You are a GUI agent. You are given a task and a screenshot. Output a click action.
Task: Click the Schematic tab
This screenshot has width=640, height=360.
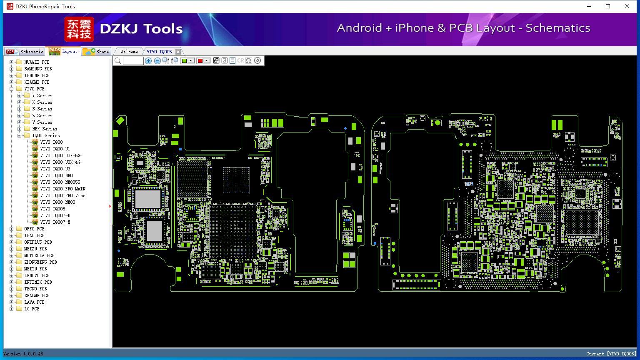click(25, 52)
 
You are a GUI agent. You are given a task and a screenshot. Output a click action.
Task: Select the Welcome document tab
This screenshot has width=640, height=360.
click(129, 52)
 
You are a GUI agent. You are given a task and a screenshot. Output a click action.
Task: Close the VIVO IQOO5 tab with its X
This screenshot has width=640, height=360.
click(178, 52)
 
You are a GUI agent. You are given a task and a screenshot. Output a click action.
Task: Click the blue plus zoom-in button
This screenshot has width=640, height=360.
click(148, 61)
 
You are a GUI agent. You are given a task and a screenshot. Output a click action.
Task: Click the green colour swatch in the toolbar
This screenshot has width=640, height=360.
click(184, 61)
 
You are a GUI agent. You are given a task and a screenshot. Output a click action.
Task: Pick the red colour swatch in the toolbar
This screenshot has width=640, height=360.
click(200, 61)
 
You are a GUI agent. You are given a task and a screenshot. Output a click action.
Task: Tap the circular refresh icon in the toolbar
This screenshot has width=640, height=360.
click(257, 60)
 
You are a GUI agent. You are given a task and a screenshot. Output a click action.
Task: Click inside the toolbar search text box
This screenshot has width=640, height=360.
click(133, 61)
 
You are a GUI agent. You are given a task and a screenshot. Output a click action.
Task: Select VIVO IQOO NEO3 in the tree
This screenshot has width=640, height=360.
click(58, 202)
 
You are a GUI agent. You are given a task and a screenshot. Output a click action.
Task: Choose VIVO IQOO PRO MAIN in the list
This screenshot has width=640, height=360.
click(63, 189)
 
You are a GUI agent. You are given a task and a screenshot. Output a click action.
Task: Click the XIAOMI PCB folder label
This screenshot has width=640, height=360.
click(37, 82)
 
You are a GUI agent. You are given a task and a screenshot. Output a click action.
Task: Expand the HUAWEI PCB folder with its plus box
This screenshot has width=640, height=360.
click(11, 62)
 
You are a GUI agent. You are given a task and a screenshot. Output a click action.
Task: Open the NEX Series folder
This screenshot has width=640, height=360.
click(45, 129)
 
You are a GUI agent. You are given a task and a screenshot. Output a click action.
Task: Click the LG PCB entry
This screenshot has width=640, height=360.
click(32, 309)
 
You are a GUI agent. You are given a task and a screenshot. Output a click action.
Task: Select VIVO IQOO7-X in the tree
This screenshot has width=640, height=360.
click(55, 222)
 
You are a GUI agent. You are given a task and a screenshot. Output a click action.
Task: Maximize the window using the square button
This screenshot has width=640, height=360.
click(608, 6)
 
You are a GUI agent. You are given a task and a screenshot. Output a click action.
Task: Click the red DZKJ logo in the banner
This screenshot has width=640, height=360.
click(79, 29)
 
